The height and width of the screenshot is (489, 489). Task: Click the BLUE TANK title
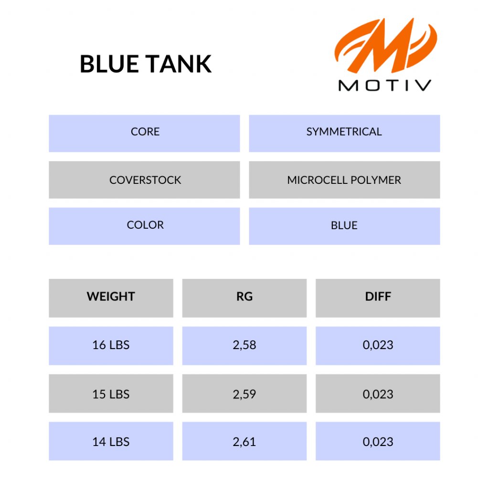[146, 64]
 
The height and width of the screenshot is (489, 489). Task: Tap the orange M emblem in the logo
[386, 45]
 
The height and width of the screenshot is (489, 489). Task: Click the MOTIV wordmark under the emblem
[385, 85]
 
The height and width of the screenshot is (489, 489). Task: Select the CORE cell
[144, 133]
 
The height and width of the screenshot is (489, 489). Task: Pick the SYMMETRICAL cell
[344, 133]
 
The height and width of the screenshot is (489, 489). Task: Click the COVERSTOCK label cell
[144, 180]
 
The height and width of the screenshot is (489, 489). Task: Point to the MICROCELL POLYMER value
[344, 180]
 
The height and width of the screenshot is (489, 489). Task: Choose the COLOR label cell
[144, 226]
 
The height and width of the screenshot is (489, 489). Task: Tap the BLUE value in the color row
[344, 226]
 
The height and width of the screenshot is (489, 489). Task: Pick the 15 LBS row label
[111, 393]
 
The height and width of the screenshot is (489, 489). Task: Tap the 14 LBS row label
[111, 441]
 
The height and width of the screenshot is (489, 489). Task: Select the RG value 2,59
[244, 393]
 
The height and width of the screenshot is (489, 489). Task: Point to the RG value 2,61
[244, 441]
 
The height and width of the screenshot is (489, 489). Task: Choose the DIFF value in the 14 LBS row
[378, 441]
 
